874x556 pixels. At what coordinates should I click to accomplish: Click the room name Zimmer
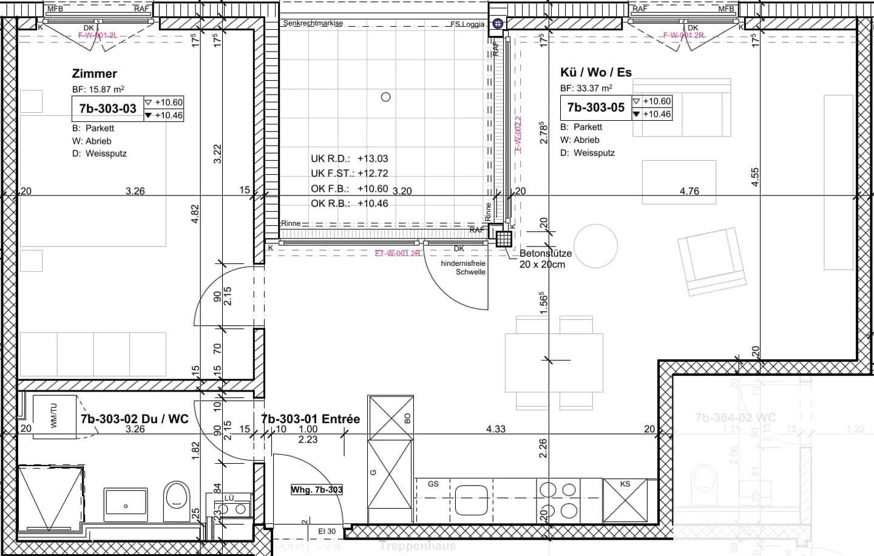pyautogui.click(x=94, y=73)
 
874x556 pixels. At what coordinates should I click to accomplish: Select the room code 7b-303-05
pyautogui.click(x=595, y=107)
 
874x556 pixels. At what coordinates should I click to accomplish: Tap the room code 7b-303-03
pyautogui.click(x=107, y=109)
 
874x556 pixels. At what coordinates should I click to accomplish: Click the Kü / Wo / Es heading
pyautogui.click(x=595, y=72)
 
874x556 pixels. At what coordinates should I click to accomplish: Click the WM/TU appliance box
pyautogui.click(x=55, y=416)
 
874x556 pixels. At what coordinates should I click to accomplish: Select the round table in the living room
pyautogui.click(x=595, y=246)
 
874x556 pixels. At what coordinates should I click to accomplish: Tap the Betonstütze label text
pyautogui.click(x=545, y=253)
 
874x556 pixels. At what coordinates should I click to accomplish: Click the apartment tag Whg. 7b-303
pyautogui.click(x=316, y=489)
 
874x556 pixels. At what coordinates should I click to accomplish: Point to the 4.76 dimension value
pyautogui.click(x=689, y=191)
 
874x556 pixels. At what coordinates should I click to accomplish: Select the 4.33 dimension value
pyautogui.click(x=495, y=429)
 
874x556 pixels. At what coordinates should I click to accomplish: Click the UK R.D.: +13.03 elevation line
pyautogui.click(x=349, y=158)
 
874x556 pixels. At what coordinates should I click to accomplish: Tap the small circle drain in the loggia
pyautogui.click(x=385, y=97)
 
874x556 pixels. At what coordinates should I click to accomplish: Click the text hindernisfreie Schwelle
pyautogui.click(x=463, y=268)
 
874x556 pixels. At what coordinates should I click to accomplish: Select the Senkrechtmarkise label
pyautogui.click(x=313, y=23)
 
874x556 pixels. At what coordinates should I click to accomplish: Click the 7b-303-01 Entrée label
pyautogui.click(x=310, y=419)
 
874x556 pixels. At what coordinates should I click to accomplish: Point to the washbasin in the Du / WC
pyautogui.click(x=126, y=504)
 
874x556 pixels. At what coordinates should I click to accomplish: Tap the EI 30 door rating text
pyautogui.click(x=327, y=531)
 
